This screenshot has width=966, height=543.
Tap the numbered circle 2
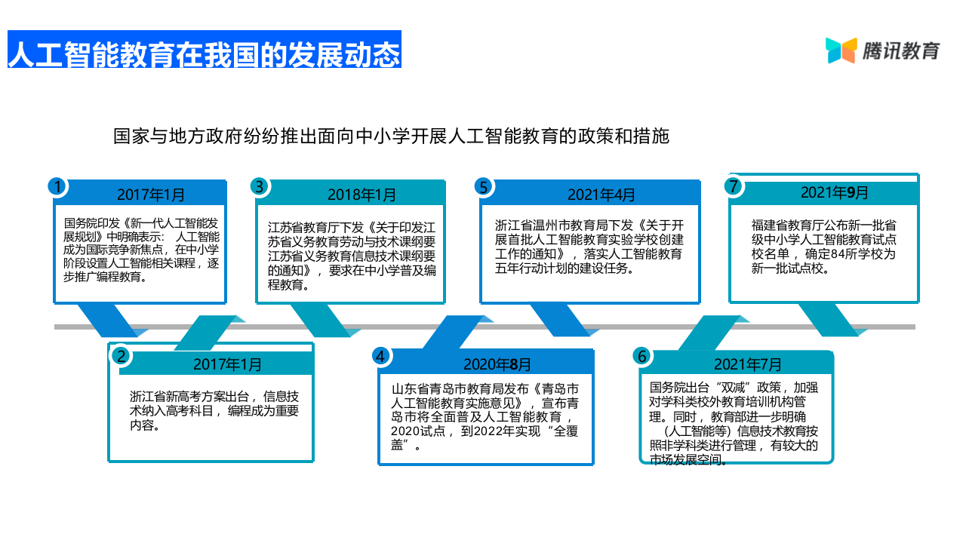121,356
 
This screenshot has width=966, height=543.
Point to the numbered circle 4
381,356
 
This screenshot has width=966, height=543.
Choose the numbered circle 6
642,356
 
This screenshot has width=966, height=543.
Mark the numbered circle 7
731,186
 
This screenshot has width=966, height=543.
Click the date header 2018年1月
361,195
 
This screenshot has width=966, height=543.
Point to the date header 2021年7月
748,364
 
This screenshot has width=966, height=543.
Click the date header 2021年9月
835,192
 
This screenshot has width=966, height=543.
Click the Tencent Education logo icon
841,51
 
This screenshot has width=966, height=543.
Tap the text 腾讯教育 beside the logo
902,51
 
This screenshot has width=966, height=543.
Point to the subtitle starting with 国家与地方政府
391,137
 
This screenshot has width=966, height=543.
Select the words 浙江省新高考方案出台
192,396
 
